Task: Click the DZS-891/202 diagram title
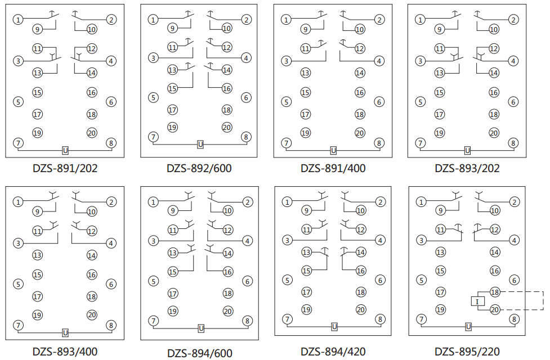65,168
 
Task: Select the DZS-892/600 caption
199,168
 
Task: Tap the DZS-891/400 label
333,168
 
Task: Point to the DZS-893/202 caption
467,168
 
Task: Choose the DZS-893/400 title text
65,352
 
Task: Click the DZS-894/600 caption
199,353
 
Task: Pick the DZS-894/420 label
333,352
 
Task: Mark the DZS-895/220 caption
467,352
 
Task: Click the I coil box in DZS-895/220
477,301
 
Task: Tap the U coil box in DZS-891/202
65,151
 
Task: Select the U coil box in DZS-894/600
201,328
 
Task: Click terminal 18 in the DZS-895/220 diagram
495,292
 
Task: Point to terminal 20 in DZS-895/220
495,309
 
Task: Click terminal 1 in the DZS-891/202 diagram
19,20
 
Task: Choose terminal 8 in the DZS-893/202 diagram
513,143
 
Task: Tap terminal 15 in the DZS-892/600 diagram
172,88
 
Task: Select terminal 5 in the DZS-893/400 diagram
19,284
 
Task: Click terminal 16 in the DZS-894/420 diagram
361,271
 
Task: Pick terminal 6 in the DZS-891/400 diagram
379,102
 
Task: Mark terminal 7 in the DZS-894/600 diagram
153,321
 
